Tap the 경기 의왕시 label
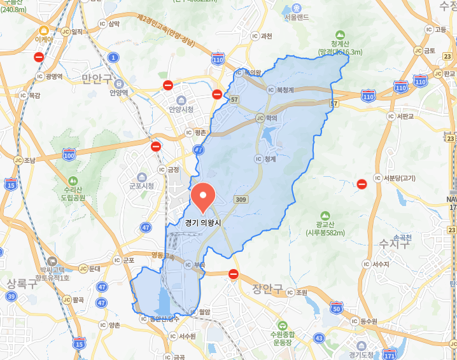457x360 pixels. pyautogui.click(x=204, y=223)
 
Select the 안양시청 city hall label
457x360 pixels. pyautogui.click(x=181, y=109)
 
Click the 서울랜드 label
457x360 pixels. pyautogui.click(x=297, y=34)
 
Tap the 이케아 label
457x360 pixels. pyautogui.click(x=44, y=39)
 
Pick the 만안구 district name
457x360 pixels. pyautogui.click(x=97, y=78)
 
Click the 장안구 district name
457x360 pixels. pyautogui.click(x=267, y=289)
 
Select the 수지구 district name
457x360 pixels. pyautogui.click(x=395, y=244)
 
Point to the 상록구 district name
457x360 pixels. pyautogui.click(x=22, y=283)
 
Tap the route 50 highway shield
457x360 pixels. pyautogui.click(x=337, y=308)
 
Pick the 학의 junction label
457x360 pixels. pyautogui.click(x=271, y=118)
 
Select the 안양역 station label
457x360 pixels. pyautogui.click(x=118, y=92)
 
